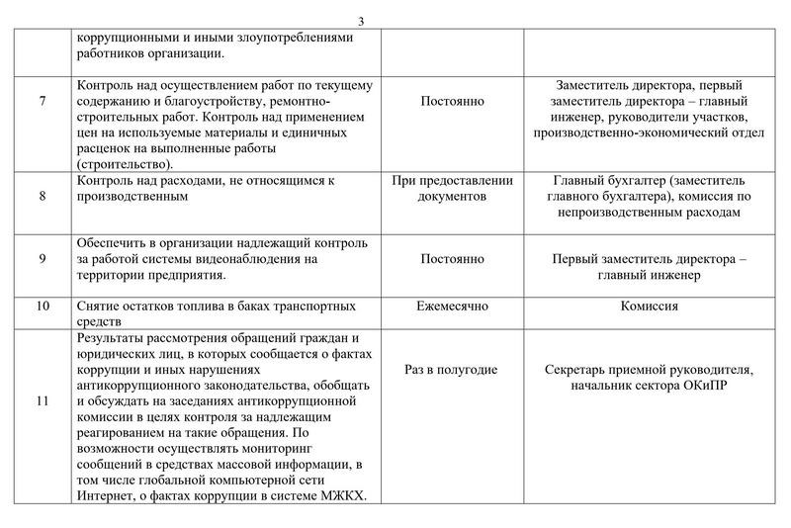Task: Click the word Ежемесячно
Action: click(452, 307)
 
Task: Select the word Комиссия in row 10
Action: click(649, 307)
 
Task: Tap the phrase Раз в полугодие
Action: click(452, 370)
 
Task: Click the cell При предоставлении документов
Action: click(452, 189)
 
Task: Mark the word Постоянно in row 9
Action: click(452, 259)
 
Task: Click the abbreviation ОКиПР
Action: click(703, 386)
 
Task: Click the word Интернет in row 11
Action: click(105, 496)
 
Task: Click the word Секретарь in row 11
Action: click(576, 370)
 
